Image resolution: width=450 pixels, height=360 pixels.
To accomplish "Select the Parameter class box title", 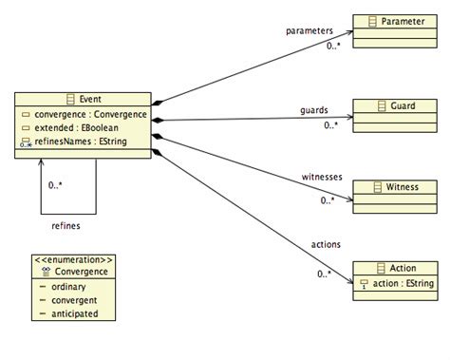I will (403, 20).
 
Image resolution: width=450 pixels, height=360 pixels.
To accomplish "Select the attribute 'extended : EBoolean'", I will (77, 131).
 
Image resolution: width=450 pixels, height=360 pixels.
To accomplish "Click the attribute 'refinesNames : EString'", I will (82, 145).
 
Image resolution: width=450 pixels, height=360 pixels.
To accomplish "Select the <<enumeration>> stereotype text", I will (73, 258).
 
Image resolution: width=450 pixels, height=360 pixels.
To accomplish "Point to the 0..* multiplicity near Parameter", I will (331, 46).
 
